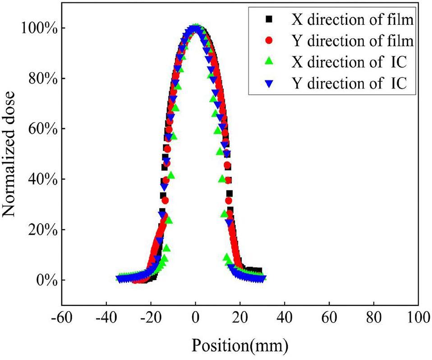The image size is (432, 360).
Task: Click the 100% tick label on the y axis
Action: tap(37, 28)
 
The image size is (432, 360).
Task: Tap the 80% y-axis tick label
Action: tap(41, 78)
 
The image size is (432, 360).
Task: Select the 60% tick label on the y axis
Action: tap(41, 129)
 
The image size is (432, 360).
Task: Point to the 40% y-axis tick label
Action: tap(41, 180)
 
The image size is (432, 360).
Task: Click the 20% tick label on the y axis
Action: tap(41, 230)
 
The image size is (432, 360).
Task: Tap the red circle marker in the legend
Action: tap(269, 41)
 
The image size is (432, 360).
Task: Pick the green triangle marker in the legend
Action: tap(269, 63)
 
